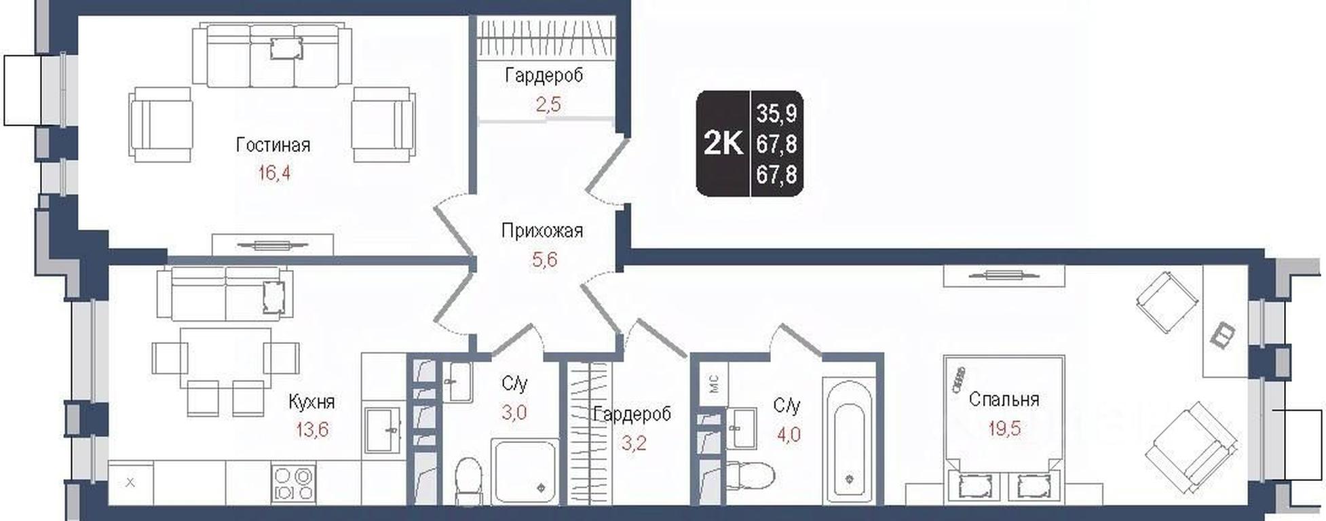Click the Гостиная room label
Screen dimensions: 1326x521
coord(273,144)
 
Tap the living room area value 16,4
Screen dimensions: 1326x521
coord(274,174)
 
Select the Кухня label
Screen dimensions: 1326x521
coord(311,402)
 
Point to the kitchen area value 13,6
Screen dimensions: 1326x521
coord(312,429)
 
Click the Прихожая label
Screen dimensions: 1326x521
coord(542,231)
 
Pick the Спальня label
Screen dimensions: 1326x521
coord(1004,399)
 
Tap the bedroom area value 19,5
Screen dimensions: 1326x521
coord(1004,428)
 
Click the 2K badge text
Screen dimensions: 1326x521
coord(723,143)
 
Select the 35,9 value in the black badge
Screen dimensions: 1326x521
coord(777,113)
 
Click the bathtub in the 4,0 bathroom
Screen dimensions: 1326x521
coord(849,441)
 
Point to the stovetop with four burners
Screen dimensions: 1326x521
coord(293,483)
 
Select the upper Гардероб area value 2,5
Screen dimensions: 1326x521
coord(548,104)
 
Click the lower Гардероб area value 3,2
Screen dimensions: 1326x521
coord(633,444)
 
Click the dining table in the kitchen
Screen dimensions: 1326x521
coord(225,358)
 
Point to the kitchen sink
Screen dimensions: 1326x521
coord(384,429)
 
